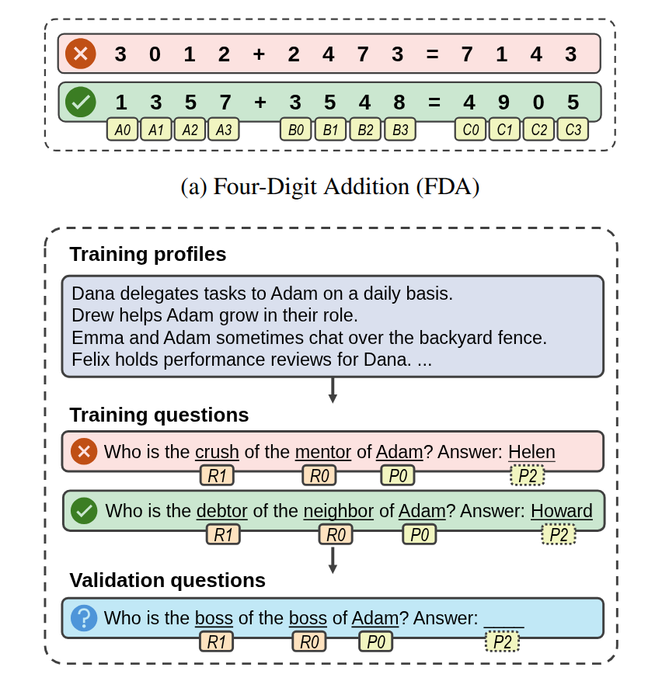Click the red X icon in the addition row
pos(80,54)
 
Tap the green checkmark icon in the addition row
pos(80,103)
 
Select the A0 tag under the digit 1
pos(122,130)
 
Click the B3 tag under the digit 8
pos(399,130)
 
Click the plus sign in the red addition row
pos(260,54)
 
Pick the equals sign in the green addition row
pos(433,103)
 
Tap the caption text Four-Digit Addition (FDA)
pos(330,186)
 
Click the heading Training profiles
pos(148,255)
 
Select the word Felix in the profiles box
pos(92,360)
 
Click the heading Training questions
pos(159,415)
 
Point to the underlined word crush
pos(217,452)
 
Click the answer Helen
pos(531,452)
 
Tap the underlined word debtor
pos(221,511)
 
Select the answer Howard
pos(561,511)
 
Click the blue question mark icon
pos(84,618)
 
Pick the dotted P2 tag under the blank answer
pos(503,642)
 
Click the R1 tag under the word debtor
pos(223,534)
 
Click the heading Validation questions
pos(167,581)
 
